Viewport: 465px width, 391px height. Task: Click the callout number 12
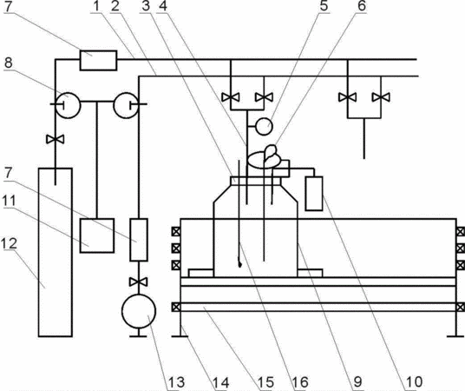tap(9, 243)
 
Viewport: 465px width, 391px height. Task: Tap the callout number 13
tap(176, 381)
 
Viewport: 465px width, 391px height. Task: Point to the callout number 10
tap(414, 381)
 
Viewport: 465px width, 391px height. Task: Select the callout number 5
tap(324, 6)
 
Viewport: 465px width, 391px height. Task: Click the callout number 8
tap(9, 63)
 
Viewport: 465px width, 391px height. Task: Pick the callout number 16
tap(300, 381)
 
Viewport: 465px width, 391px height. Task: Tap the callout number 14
tap(220, 381)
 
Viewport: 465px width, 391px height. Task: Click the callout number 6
tap(362, 6)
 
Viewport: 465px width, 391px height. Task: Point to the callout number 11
tap(9, 201)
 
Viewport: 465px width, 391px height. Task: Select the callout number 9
tap(358, 381)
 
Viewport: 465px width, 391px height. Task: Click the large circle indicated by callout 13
tap(139, 311)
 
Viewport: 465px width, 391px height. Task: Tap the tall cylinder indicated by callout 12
tap(56, 252)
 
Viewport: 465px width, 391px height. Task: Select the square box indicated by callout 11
tap(97, 235)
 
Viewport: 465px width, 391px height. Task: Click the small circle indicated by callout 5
tap(264, 126)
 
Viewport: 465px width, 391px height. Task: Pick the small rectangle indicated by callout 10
tap(314, 194)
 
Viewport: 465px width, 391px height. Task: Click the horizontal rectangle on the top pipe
tap(98, 60)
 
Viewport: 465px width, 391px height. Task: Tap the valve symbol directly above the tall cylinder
tap(56, 139)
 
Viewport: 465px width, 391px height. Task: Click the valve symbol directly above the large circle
tap(139, 282)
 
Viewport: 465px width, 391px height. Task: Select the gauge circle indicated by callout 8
tap(68, 105)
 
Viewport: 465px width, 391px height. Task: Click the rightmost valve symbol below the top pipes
tap(381, 97)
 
